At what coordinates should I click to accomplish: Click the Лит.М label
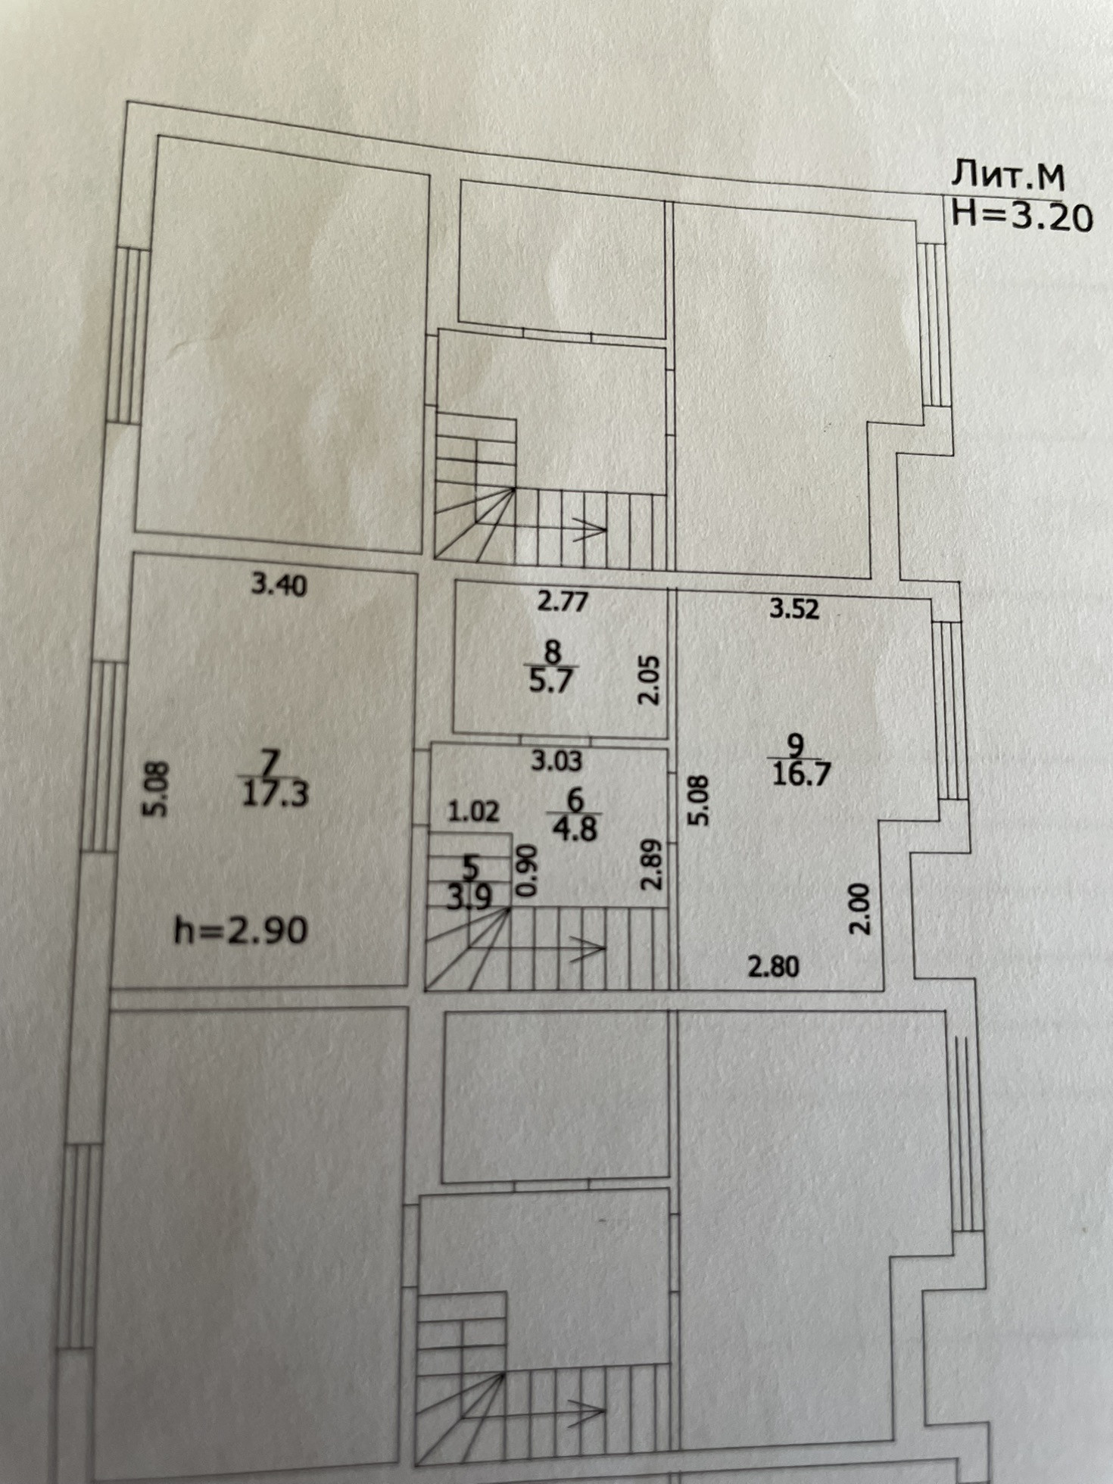(x=1008, y=176)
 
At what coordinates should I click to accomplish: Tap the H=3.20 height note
(x=1021, y=217)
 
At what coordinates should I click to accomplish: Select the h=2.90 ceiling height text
(x=241, y=930)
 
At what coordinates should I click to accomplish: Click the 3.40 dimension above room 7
(x=279, y=585)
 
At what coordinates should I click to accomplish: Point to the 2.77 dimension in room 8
(x=562, y=603)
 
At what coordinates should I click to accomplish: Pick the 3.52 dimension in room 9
(x=794, y=609)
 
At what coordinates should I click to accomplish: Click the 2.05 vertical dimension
(x=650, y=679)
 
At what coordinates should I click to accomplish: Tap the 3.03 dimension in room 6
(x=556, y=761)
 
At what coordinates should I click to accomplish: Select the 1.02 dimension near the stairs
(x=473, y=812)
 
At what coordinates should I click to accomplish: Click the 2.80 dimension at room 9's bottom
(x=773, y=967)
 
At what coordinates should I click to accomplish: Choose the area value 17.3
(x=274, y=795)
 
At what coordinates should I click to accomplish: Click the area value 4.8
(x=575, y=829)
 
